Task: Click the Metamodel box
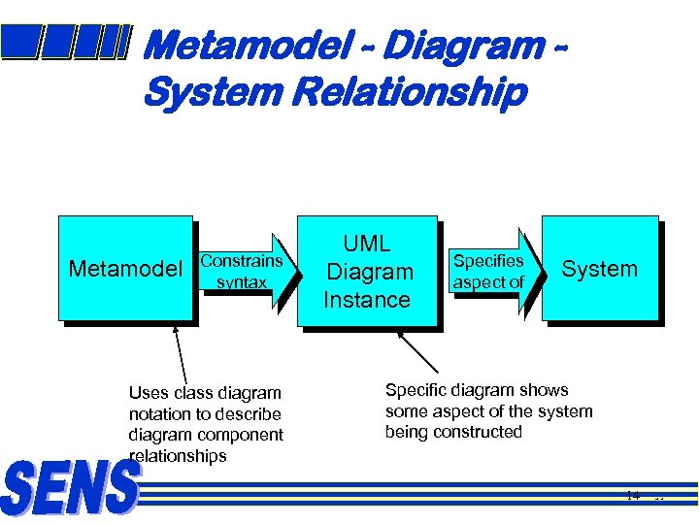(125, 268)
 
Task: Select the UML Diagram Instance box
(367, 272)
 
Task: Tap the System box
(599, 269)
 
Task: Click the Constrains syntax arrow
(244, 272)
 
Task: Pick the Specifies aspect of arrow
(491, 272)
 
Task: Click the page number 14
(632, 496)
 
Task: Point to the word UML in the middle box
(367, 245)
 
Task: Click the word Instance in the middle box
(367, 300)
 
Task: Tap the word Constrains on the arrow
(242, 260)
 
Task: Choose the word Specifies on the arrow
(488, 261)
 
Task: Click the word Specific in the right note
(415, 390)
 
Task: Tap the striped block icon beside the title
(65, 42)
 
